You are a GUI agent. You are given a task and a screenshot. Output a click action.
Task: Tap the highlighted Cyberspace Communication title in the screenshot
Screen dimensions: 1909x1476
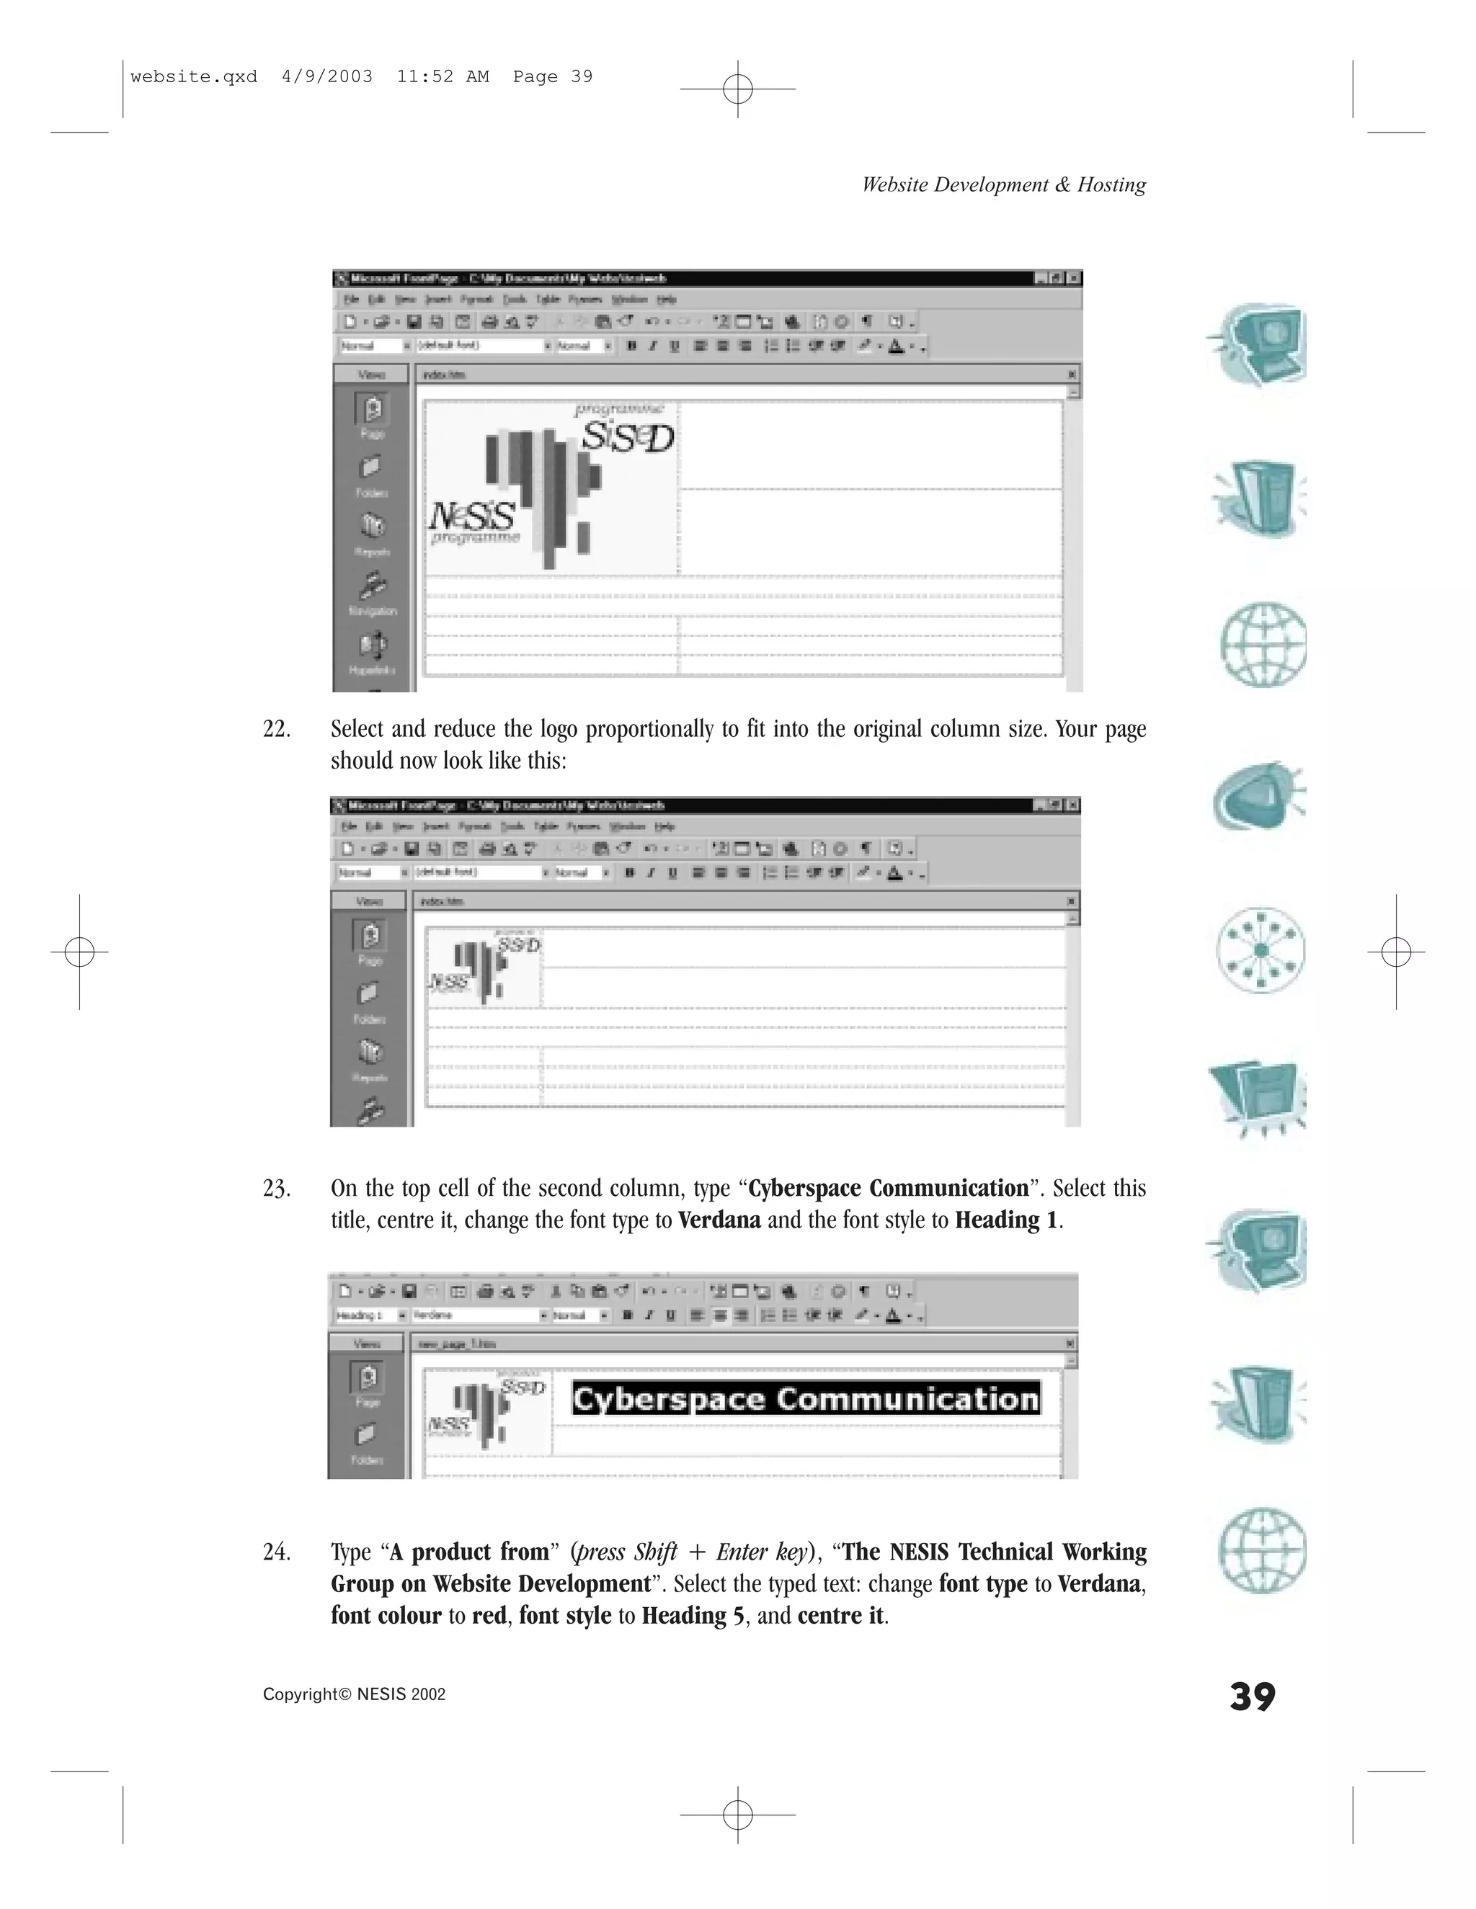[x=805, y=1400]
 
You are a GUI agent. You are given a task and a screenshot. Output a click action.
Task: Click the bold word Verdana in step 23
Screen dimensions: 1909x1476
[x=719, y=1220]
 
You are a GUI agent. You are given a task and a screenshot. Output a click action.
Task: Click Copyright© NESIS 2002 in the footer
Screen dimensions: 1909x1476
[x=354, y=1695]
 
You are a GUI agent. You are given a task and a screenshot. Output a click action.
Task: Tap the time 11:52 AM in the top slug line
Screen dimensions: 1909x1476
[x=443, y=77]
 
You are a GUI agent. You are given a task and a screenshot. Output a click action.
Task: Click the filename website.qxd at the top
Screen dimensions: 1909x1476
[x=194, y=77]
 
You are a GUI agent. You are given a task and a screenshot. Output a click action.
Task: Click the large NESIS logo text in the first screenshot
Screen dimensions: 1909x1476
[x=472, y=517]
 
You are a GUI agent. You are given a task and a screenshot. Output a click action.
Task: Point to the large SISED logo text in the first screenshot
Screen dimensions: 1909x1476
[x=627, y=438]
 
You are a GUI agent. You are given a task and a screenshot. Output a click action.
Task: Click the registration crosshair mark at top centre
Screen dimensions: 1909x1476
[x=738, y=89]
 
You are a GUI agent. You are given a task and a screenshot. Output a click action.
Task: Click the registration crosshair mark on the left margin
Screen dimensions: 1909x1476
[x=79, y=951]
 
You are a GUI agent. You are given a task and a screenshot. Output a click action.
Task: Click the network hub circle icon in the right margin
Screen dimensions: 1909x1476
[x=1260, y=950]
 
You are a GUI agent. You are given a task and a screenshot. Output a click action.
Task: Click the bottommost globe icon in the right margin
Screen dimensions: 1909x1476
[x=1262, y=1550]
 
